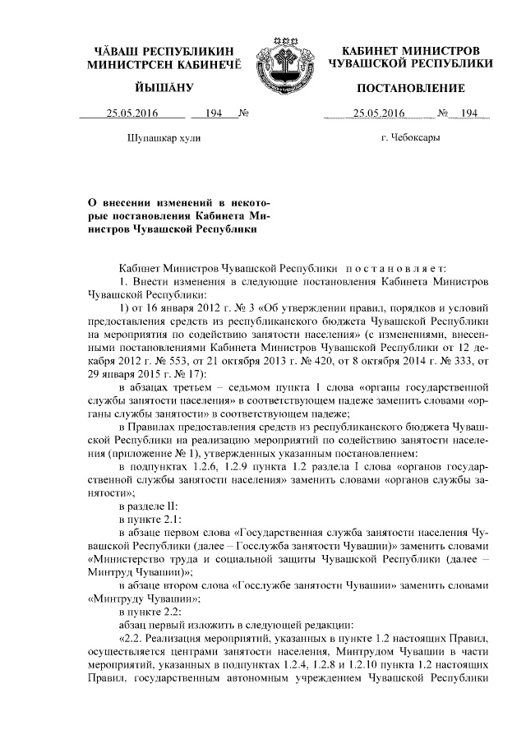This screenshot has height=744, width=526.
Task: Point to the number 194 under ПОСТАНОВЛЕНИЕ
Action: (469, 113)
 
